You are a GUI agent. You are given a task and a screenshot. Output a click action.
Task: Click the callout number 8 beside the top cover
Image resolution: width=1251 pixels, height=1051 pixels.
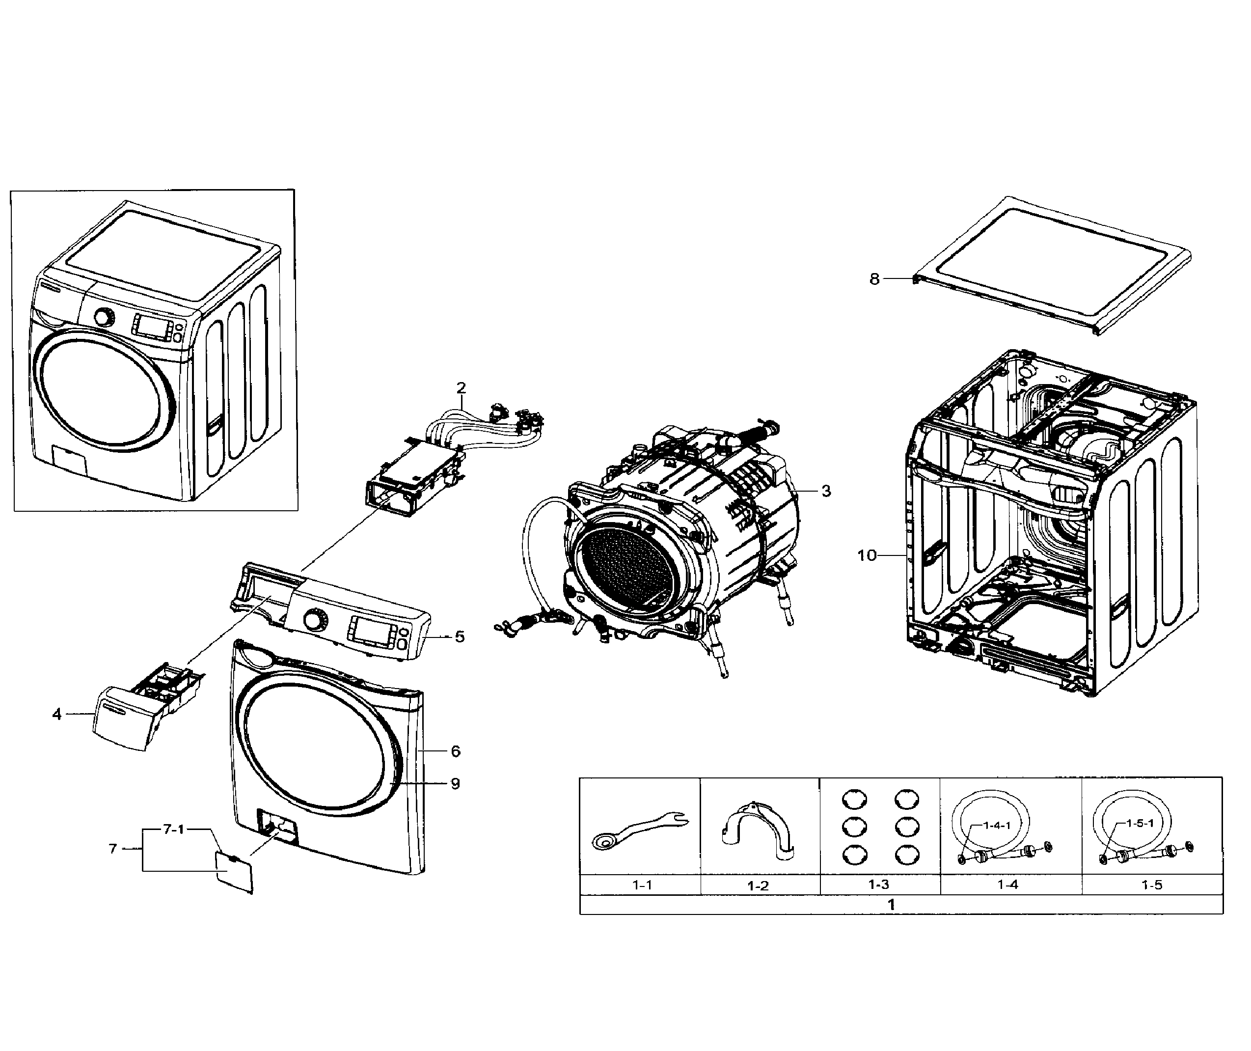click(874, 279)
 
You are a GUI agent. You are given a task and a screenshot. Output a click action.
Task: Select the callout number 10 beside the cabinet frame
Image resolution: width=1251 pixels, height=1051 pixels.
click(867, 555)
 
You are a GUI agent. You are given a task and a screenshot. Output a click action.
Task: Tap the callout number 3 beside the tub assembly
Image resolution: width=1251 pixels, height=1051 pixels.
click(826, 491)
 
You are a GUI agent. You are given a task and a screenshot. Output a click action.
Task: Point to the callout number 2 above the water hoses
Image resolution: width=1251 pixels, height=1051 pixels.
click(461, 388)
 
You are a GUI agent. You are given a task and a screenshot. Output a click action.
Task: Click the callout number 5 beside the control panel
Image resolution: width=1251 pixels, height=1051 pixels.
click(459, 637)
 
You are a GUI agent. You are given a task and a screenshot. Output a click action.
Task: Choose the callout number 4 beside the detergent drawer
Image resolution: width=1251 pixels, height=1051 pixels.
click(57, 714)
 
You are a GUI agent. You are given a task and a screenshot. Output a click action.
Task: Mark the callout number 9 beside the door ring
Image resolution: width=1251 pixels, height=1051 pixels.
click(455, 783)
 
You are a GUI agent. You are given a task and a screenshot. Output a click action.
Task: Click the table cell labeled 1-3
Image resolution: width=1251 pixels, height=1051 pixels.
click(879, 885)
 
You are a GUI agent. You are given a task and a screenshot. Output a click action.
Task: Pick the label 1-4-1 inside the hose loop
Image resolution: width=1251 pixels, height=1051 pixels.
click(997, 825)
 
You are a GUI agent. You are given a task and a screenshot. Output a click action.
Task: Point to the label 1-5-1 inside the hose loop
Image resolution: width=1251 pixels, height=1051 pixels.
click(1140, 824)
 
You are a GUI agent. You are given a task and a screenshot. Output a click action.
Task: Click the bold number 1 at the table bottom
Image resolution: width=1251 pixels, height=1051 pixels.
click(891, 905)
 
